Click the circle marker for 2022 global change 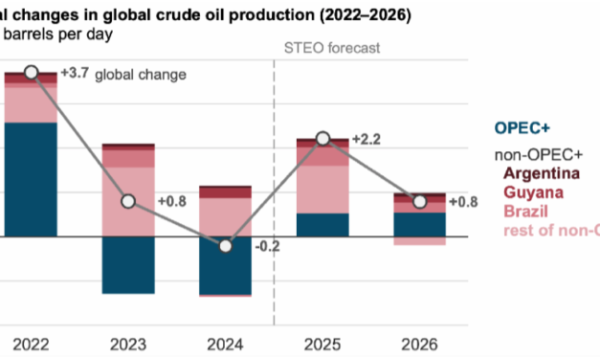click(x=32, y=73)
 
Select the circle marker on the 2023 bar click(x=128, y=201)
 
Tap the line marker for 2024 click(x=226, y=246)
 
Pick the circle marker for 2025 click(x=323, y=139)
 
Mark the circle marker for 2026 click(x=420, y=201)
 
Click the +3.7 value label click(x=74, y=74)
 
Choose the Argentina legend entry click(x=543, y=173)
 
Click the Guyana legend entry click(x=534, y=191)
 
